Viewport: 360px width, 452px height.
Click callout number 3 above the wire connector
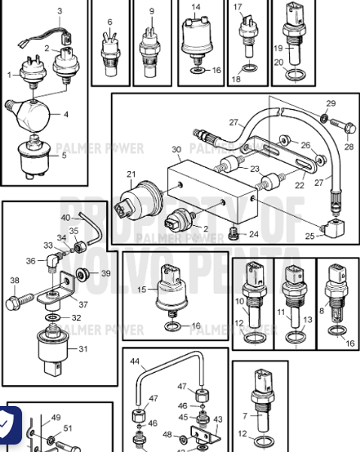(x=60, y=11)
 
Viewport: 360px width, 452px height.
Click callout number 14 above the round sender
(x=196, y=8)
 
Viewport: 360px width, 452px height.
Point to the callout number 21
(x=131, y=175)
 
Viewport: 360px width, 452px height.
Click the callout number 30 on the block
(x=176, y=149)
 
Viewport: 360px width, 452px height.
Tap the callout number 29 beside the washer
(x=331, y=103)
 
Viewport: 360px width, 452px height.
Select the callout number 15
(x=141, y=289)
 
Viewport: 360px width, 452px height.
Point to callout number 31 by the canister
(x=83, y=348)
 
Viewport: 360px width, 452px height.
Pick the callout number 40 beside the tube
(x=66, y=217)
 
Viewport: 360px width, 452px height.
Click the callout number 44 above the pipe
(x=135, y=362)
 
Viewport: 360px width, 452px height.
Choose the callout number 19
(x=279, y=48)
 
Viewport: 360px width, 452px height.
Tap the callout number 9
(x=151, y=11)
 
